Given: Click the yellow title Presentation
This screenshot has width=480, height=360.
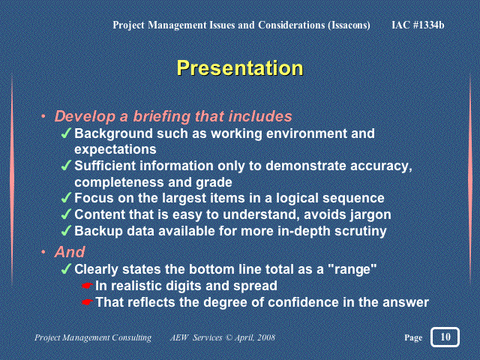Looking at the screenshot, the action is [240, 68].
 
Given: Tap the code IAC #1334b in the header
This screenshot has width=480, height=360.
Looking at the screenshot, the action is [418, 25].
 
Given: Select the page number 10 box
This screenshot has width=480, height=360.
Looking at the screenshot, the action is [445, 337].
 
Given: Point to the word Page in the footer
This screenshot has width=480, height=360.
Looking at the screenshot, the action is [413, 337].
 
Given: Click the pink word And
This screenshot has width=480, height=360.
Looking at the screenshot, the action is [70, 252].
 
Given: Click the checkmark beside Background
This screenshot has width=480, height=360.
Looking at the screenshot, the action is [66, 133].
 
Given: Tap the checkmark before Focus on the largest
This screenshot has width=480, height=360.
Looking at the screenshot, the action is [66, 198].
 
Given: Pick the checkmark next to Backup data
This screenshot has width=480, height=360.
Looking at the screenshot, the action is [66, 231].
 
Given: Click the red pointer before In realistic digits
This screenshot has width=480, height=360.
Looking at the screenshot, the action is [88, 286].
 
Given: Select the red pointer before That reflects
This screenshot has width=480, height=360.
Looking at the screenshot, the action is [88, 302].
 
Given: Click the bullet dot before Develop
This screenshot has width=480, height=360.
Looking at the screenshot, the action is [43, 116].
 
